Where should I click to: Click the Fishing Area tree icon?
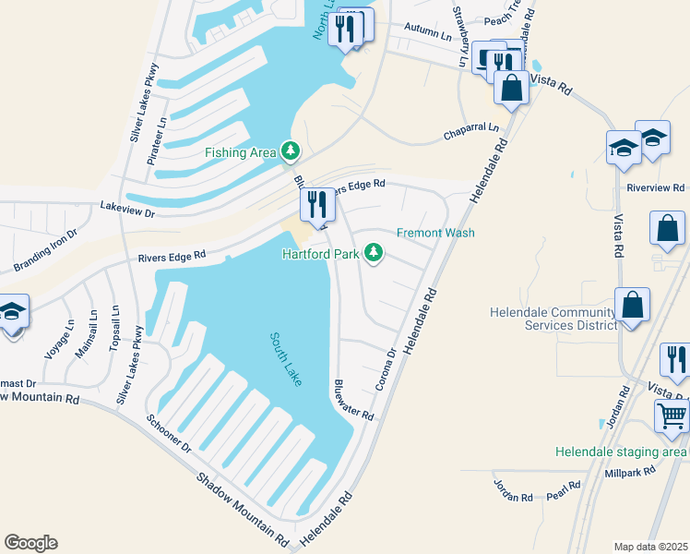coord(291,151)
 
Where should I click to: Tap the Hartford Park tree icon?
coord(374,252)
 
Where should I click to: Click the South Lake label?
coord(285,359)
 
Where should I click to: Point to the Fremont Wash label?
coord(435,233)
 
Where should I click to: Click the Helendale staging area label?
coord(622,452)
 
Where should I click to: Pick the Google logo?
coord(30,542)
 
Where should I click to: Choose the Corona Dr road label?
coord(386,367)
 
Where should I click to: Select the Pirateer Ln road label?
coord(156,139)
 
